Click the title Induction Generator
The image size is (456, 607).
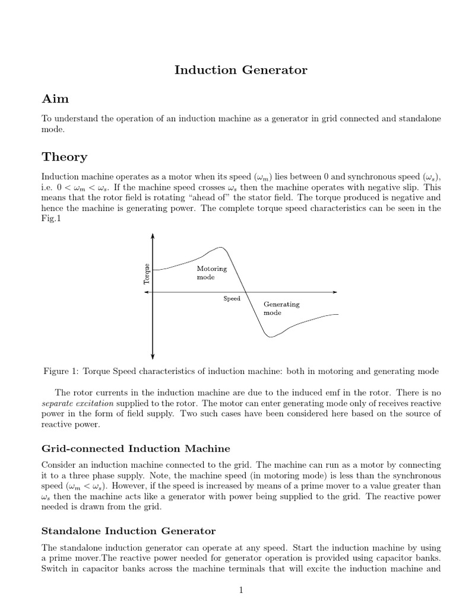(x=240, y=70)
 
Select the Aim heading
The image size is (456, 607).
(x=55, y=98)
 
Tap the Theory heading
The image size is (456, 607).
(x=64, y=156)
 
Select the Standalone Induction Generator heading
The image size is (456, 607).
(x=128, y=531)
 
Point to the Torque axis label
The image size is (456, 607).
(x=147, y=273)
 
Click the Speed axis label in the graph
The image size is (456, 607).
(x=232, y=299)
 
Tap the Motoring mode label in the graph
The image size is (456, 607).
(x=211, y=273)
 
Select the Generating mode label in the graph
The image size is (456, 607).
(x=281, y=308)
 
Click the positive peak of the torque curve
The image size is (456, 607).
(x=220, y=247)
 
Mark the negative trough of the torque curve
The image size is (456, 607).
(x=270, y=337)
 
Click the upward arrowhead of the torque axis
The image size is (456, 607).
(x=153, y=235)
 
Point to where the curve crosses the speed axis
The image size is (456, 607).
(x=246, y=292)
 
